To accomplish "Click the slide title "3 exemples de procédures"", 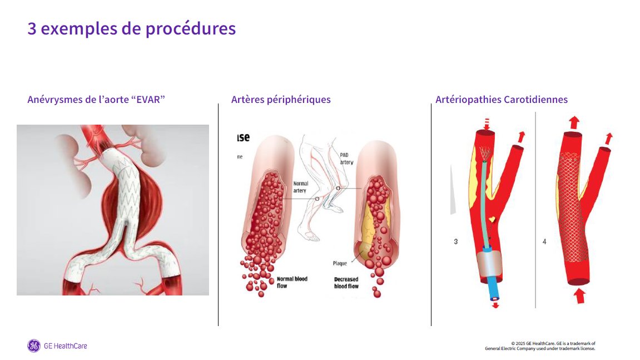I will [132, 28].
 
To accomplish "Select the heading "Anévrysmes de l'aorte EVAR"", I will [96, 100].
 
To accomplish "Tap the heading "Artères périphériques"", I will [281, 100].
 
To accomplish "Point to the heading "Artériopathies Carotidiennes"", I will [502, 100].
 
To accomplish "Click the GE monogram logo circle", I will [34, 346].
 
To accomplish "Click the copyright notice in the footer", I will [540, 346].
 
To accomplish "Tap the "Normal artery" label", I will [300, 187].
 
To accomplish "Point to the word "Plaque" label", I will [340, 263].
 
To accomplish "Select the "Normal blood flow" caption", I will [292, 282].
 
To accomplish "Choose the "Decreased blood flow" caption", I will [346, 282].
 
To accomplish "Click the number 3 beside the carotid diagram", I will [456, 241].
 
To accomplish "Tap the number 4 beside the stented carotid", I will [544, 241].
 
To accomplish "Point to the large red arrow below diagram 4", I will [580, 295].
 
